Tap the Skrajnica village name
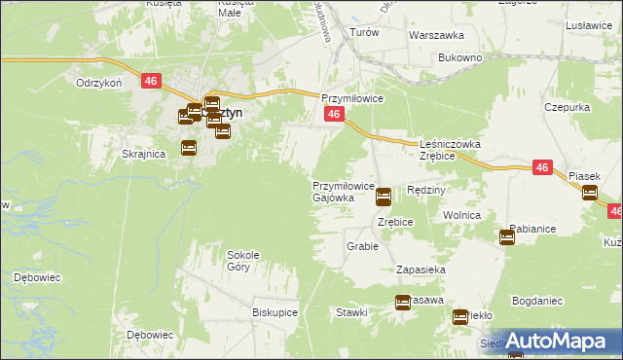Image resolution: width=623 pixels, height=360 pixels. pyautogui.click(x=141, y=154)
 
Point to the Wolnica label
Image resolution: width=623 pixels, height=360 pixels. pyautogui.click(x=462, y=214)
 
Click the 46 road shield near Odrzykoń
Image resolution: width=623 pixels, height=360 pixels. pyautogui.click(x=150, y=82)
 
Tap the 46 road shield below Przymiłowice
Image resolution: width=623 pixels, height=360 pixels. pyautogui.click(x=333, y=115)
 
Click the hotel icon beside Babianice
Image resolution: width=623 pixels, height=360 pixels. pyautogui.click(x=507, y=236)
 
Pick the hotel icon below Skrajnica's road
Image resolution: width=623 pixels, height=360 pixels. pyautogui.click(x=189, y=148)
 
